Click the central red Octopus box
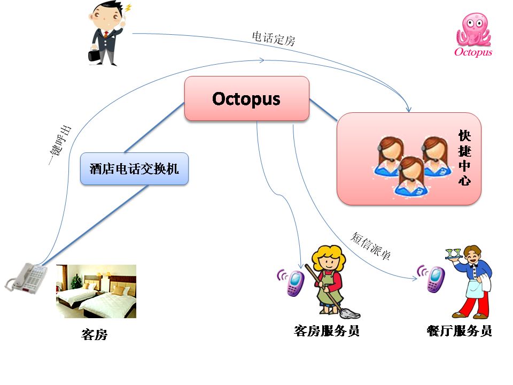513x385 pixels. coord(247,98)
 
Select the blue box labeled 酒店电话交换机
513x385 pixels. coord(135,168)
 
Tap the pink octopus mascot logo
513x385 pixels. coord(473,29)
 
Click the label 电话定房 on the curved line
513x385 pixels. coord(274,38)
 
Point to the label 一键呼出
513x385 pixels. coord(59,145)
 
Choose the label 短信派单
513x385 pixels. coord(371,245)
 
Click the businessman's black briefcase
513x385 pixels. coord(94,55)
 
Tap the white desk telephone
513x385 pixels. coord(26,278)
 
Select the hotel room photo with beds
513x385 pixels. coord(96,291)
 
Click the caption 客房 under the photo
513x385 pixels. coord(94,335)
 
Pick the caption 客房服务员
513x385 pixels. coord(327,330)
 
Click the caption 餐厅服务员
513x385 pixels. coord(460,330)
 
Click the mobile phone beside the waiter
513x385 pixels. coord(436,279)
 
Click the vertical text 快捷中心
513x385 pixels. coord(464,158)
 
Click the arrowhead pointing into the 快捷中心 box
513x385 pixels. coord(408,109)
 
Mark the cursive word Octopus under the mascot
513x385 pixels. coord(473,52)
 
